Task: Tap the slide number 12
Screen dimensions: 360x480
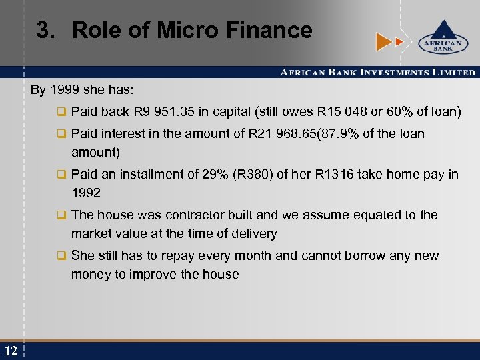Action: pos(10,351)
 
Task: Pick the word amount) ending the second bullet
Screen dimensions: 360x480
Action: pos(95,152)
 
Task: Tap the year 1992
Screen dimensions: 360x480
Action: pos(87,193)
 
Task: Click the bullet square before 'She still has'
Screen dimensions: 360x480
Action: pos(61,256)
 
